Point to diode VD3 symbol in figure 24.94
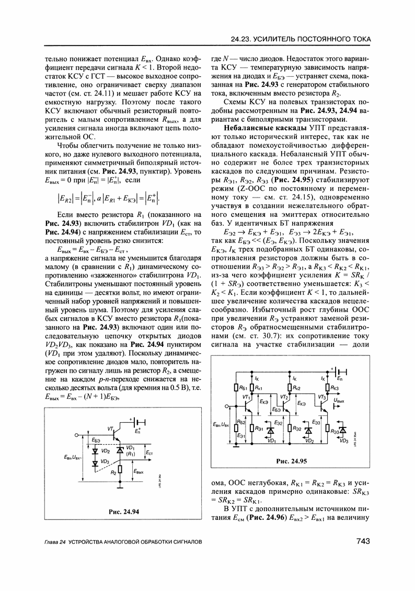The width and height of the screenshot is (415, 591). pos(95,463)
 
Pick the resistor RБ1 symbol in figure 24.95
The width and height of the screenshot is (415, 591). pos(237,388)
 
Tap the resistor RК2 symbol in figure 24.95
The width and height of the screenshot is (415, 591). pos(289,388)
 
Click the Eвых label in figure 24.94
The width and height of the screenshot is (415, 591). pos(138,471)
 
